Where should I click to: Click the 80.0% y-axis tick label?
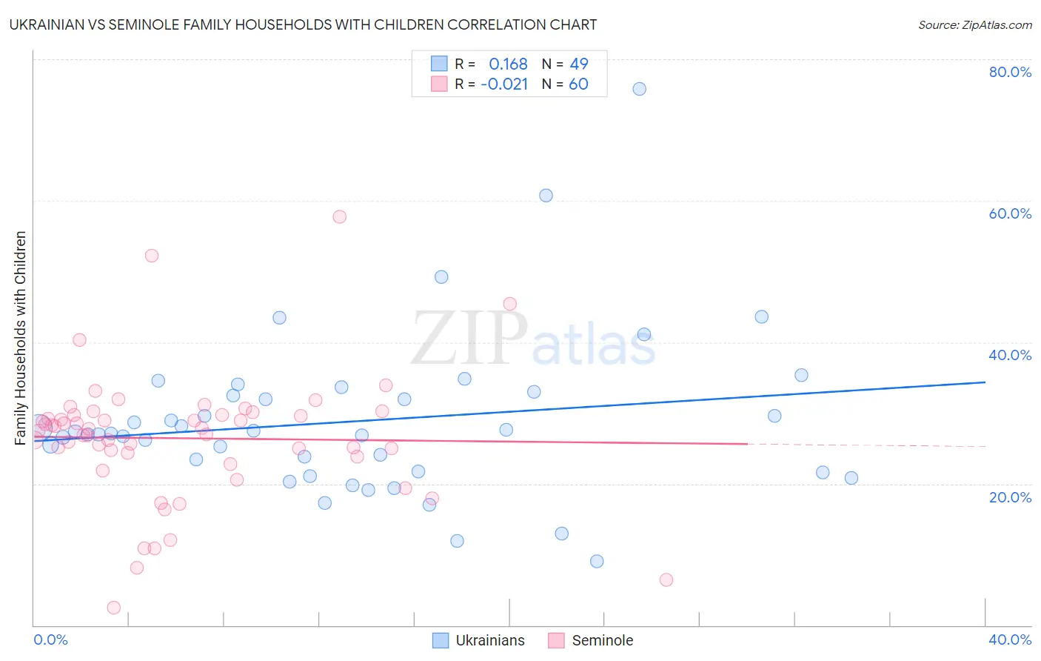tap(1010, 72)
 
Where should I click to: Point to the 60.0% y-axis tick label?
tap(1010, 213)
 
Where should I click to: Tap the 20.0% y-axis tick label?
tap(1010, 497)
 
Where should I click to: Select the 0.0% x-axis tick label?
tap(50, 640)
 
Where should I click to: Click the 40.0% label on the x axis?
tap(1010, 640)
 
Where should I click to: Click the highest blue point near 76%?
tap(640, 89)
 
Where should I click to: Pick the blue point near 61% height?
tap(546, 196)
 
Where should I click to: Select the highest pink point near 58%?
tap(340, 216)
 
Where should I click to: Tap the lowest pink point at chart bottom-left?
tap(114, 608)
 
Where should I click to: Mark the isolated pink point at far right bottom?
tap(666, 579)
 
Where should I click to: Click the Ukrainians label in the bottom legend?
tap(490, 640)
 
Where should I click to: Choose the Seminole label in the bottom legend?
tap(603, 640)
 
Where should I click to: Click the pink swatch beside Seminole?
tap(556, 640)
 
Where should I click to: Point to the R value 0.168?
tap(508, 64)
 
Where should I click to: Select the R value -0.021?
tap(504, 84)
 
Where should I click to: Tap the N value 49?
tap(579, 64)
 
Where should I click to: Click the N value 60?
tap(578, 84)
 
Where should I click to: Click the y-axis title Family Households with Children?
tap(21, 338)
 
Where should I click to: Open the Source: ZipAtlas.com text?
tap(975, 25)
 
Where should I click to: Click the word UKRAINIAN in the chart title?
tap(46, 25)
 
